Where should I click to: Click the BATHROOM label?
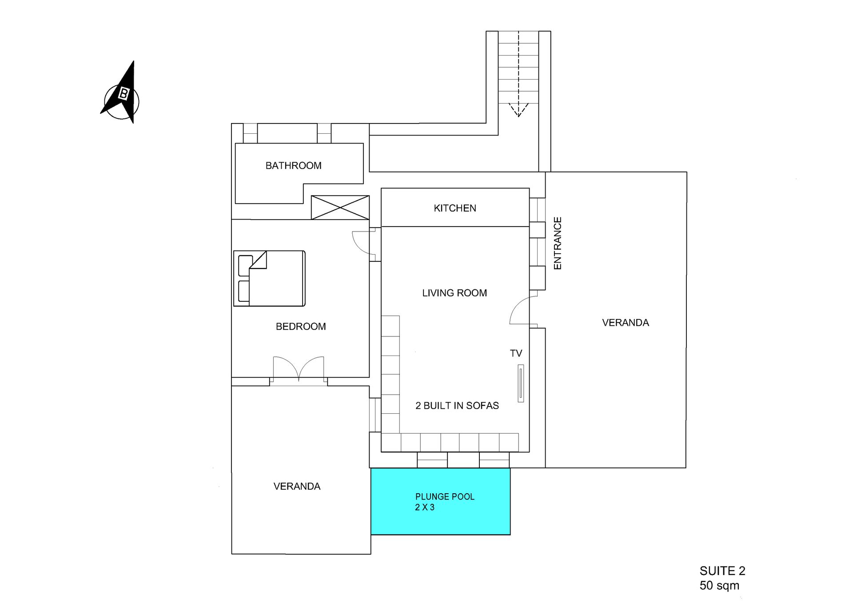pyautogui.click(x=293, y=166)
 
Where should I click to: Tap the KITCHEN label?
pyautogui.click(x=455, y=208)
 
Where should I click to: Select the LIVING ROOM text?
pyautogui.click(x=454, y=293)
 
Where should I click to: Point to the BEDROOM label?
pyautogui.click(x=301, y=327)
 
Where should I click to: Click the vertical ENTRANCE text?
pyautogui.click(x=558, y=243)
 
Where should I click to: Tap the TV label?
pyautogui.click(x=516, y=354)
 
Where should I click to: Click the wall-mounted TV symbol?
pyautogui.click(x=521, y=383)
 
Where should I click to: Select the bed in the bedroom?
pyautogui.click(x=269, y=279)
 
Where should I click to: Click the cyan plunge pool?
pyautogui.click(x=440, y=501)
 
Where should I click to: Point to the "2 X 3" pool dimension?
pyautogui.click(x=425, y=507)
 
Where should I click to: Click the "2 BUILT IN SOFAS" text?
pyautogui.click(x=457, y=406)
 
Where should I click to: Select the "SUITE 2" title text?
pyautogui.click(x=722, y=571)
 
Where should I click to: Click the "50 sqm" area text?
pyautogui.click(x=719, y=586)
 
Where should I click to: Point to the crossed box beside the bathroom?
pyautogui.click(x=340, y=208)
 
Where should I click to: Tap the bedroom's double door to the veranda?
pyautogui.click(x=299, y=369)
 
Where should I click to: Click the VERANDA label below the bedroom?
pyautogui.click(x=297, y=487)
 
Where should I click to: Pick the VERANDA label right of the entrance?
pyautogui.click(x=626, y=323)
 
